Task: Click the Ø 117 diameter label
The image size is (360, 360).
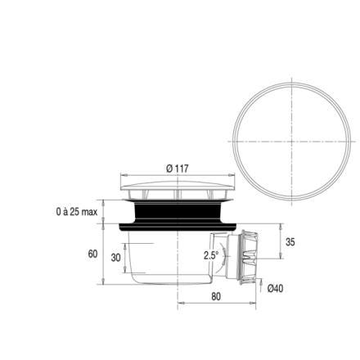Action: click(x=178, y=169)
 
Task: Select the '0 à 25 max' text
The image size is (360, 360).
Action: click(x=77, y=212)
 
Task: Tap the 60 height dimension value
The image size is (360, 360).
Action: click(x=92, y=254)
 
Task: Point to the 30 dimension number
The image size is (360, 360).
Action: click(x=115, y=257)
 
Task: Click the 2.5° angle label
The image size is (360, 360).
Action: click(x=211, y=255)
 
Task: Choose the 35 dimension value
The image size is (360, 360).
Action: click(x=290, y=242)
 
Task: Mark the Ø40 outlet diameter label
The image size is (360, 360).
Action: click(x=275, y=288)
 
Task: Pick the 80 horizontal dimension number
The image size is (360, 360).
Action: click(x=216, y=296)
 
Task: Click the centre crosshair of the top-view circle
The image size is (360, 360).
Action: click(x=292, y=142)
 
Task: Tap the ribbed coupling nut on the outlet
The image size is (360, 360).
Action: click(x=248, y=258)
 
